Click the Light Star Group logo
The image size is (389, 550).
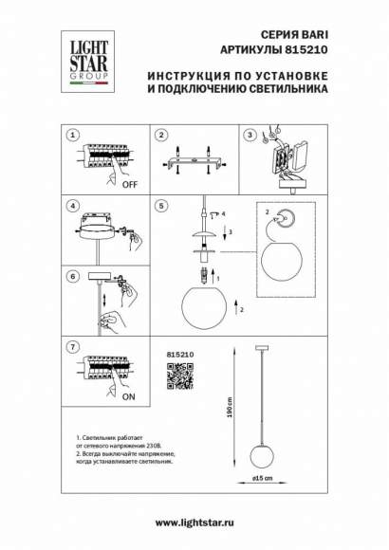pyautogui.click(x=86, y=57)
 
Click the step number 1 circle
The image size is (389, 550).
pyautogui.click(x=72, y=136)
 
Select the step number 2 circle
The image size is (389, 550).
pyautogui.click(x=162, y=136)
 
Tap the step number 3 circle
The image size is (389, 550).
pyautogui.click(x=250, y=136)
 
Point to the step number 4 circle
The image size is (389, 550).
pyautogui.click(x=72, y=205)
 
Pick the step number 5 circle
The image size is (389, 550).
pyautogui.click(x=162, y=205)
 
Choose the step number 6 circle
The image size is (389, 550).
pyautogui.click(x=72, y=276)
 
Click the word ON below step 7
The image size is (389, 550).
pyautogui.click(x=126, y=400)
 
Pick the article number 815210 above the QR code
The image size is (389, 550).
pyautogui.click(x=180, y=355)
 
